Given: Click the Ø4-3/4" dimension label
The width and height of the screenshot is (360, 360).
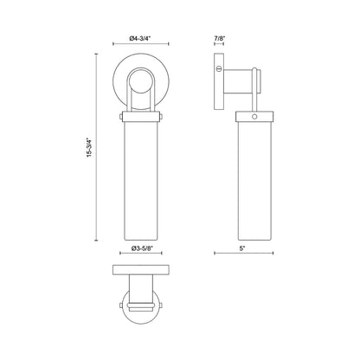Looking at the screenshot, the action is coord(140,38).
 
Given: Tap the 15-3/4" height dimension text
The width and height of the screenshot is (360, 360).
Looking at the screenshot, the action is coord(90,147).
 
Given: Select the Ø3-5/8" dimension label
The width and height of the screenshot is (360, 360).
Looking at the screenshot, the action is coord(141,247).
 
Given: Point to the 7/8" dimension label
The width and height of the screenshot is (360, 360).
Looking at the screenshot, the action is coord(219,38).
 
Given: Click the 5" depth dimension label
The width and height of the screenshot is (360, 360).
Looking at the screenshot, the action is coord(242,247).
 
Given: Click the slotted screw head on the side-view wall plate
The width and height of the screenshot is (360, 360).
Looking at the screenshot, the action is coord(219,68).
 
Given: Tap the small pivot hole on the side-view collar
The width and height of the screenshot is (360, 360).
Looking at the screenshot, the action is coord(254,117).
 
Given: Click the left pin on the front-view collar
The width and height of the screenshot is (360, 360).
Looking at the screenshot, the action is coord(121,117).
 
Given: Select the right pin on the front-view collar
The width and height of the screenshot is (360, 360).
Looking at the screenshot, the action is coord(160,117).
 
